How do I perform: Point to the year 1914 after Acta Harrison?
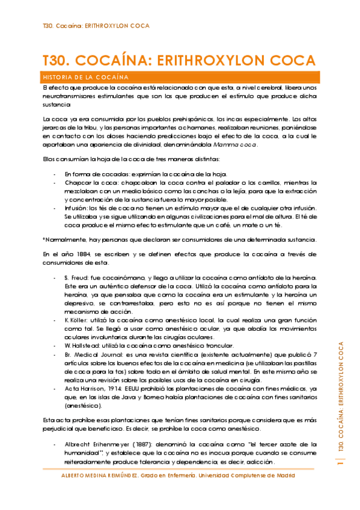pyautogui.click(x=116, y=389)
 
